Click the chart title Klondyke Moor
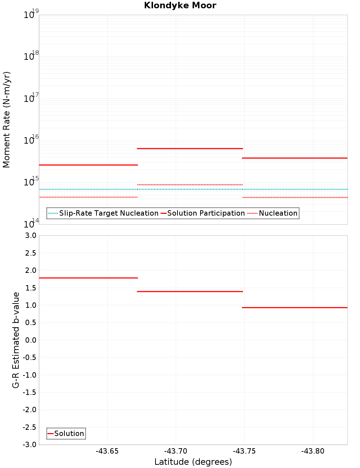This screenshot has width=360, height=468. (x=180, y=5)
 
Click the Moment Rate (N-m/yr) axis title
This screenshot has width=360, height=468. (x=6, y=120)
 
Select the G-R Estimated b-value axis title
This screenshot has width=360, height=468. (x=16, y=340)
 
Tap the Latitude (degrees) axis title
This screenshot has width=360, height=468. (x=193, y=462)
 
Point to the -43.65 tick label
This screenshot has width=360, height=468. (x=107, y=451)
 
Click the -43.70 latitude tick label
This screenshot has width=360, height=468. (x=176, y=451)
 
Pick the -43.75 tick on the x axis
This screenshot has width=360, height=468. (x=244, y=451)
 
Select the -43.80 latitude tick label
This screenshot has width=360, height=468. (x=313, y=451)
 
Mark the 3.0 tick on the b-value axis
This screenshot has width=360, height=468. (x=30, y=235)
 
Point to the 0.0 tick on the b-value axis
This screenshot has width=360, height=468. (x=30, y=340)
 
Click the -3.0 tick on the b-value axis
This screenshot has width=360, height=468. (x=30, y=445)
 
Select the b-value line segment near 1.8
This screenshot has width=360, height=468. (x=88, y=278)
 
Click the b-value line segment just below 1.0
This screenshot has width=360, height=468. (x=294, y=307)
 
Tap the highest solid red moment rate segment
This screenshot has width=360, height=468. (x=190, y=148)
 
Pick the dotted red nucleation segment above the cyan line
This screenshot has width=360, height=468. (x=190, y=185)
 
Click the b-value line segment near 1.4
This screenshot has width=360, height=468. (x=190, y=291)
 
